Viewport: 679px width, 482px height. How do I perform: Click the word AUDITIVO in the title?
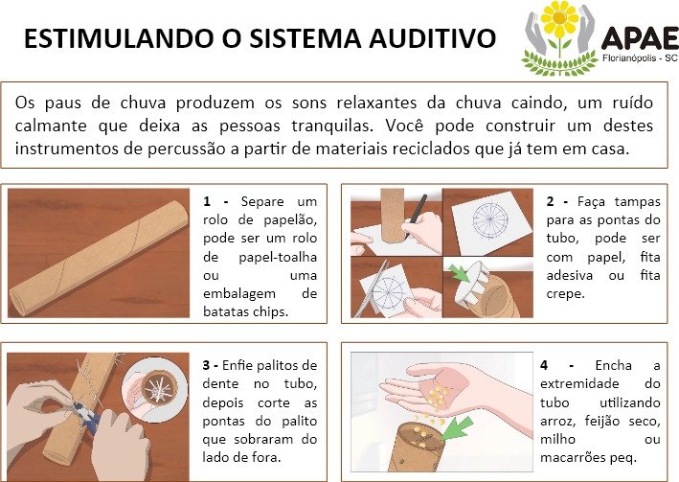[x=432, y=38]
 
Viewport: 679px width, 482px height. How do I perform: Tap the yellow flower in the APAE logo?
[x=559, y=18]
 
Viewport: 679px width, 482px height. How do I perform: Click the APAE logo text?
[x=640, y=38]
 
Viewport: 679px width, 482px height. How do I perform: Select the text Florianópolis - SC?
[x=640, y=58]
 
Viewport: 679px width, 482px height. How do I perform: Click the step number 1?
[x=207, y=202]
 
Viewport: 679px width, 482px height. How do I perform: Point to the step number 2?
[x=550, y=202]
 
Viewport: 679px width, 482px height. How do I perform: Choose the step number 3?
[x=206, y=366]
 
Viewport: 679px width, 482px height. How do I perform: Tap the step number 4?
[x=544, y=366]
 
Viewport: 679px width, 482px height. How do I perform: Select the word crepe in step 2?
[x=565, y=295]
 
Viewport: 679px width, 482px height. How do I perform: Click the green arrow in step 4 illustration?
[x=457, y=427]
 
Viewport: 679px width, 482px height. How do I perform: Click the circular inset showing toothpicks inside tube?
[x=155, y=389]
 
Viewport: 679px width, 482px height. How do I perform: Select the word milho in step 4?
[x=557, y=440]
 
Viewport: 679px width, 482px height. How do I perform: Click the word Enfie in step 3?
[x=238, y=366]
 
